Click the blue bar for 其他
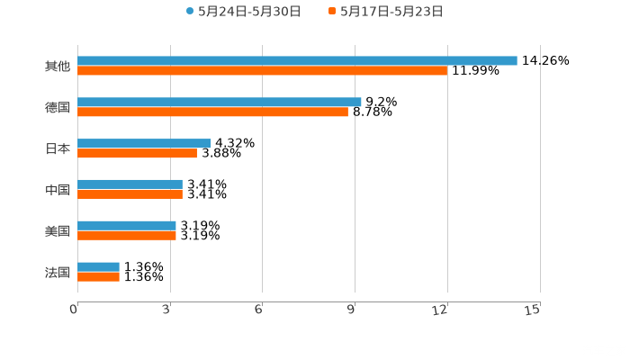point(297,60)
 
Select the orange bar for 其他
point(262,70)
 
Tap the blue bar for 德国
point(220,102)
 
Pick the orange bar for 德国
point(212,112)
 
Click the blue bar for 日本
point(144,143)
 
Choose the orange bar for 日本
point(137,153)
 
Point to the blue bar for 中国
point(130,184)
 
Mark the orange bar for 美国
point(127,235)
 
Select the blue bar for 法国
point(98,266)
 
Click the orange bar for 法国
point(98,276)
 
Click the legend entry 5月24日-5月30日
point(243,12)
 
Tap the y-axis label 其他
point(57,66)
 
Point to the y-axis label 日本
point(57,148)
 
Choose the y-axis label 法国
point(57,272)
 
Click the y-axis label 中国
point(57,190)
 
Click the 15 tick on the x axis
point(533,310)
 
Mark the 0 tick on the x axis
point(75,310)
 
